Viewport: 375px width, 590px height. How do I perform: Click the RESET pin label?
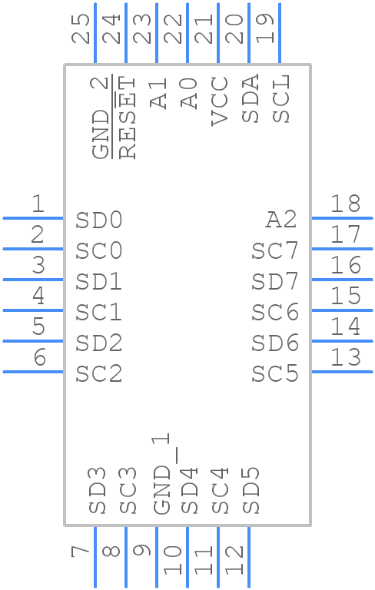[x=128, y=118]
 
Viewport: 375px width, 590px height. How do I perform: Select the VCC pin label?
[x=220, y=101]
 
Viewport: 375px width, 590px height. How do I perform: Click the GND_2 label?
[x=101, y=117]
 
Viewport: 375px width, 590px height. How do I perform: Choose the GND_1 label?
[x=162, y=474]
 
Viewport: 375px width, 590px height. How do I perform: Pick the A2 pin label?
[x=281, y=220]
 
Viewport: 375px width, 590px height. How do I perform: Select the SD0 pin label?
[x=99, y=220]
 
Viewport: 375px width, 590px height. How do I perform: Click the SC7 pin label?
[x=275, y=250]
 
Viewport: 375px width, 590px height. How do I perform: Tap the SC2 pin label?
[x=99, y=373]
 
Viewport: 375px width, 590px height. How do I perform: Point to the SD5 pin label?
[x=251, y=491]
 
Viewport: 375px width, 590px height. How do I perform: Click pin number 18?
[x=346, y=204]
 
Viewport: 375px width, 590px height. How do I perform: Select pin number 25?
[x=81, y=28]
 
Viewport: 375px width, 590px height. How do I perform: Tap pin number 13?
[x=346, y=357]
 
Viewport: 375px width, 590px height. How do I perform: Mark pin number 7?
[x=80, y=552]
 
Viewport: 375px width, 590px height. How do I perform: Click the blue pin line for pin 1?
[x=33, y=218]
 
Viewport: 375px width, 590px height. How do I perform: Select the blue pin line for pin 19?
[x=280, y=33]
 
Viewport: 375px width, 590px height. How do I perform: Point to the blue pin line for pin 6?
[x=33, y=372]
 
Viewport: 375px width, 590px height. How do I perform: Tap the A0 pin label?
[x=189, y=93]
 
